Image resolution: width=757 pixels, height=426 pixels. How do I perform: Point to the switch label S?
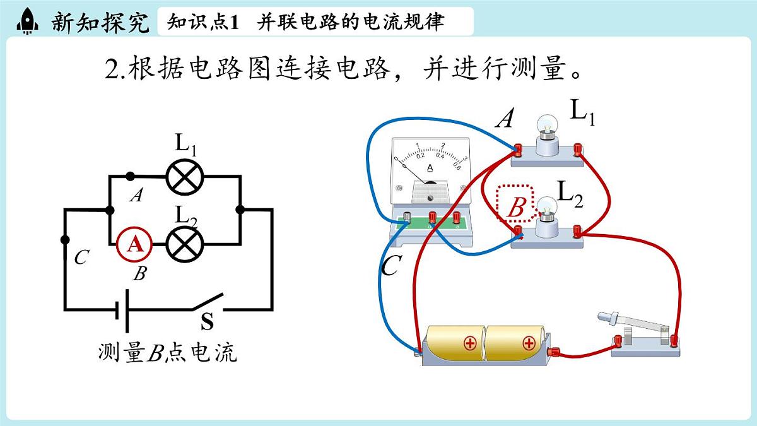207,322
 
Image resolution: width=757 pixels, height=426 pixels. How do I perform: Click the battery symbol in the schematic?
122,310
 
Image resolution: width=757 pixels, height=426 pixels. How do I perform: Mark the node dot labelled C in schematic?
64,240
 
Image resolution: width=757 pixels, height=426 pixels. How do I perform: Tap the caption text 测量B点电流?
167,353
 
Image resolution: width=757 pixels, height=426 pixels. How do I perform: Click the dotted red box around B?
515,203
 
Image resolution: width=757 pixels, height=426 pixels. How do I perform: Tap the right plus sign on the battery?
528,343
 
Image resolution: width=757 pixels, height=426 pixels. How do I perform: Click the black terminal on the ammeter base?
408,217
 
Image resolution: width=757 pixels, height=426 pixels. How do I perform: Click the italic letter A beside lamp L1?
504,119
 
